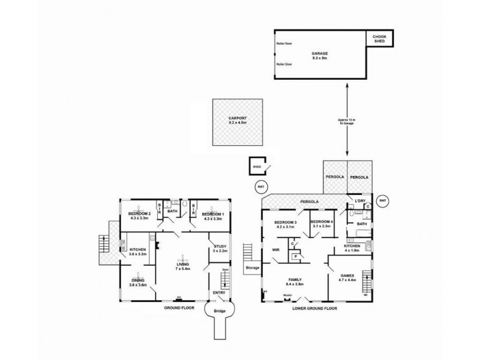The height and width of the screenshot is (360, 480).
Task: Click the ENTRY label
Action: tap(219, 293)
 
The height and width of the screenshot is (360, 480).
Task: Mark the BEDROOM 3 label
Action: tap(286, 224)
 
